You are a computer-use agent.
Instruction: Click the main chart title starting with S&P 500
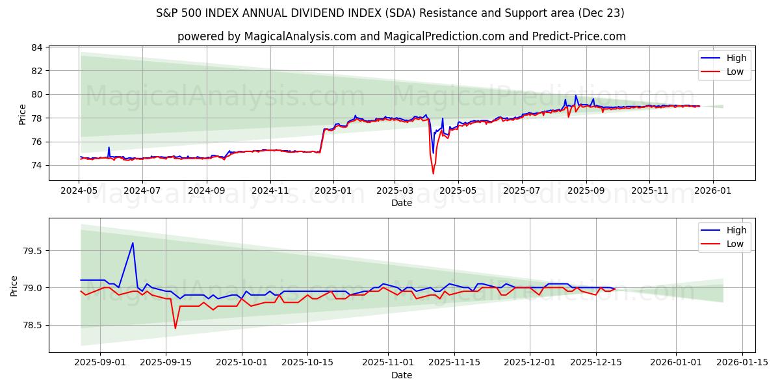pos(390,13)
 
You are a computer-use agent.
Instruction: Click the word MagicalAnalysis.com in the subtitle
pos(300,36)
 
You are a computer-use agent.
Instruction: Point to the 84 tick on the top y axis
pos(37,47)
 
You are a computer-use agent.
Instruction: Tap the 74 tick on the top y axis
pos(37,165)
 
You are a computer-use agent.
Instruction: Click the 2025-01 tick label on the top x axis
pos(333,191)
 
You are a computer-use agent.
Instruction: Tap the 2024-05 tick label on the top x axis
pos(79,191)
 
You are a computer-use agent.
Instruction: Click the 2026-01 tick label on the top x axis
pos(713,191)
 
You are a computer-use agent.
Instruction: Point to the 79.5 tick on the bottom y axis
pos(32,251)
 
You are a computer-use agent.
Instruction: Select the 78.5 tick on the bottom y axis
pos(32,325)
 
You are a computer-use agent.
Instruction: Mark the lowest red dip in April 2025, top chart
pos(433,174)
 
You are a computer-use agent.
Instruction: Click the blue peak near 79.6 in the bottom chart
pos(133,243)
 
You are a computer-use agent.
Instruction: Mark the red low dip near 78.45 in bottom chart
pos(175,328)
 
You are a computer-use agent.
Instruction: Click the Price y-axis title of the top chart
pos(23,114)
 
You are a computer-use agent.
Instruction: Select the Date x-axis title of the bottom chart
pos(401,375)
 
